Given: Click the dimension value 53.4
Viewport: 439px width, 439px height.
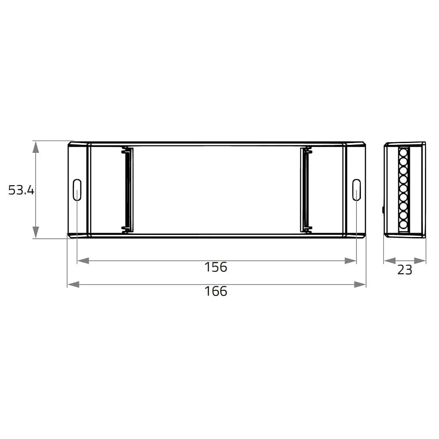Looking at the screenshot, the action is [x=21, y=190].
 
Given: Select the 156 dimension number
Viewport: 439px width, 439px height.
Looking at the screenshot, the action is [x=216, y=267].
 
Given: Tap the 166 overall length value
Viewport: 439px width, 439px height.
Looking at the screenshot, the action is [x=216, y=291].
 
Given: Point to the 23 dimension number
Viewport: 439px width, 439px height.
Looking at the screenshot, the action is [x=405, y=270].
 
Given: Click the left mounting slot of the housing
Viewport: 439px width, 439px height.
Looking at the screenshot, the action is [x=77, y=190].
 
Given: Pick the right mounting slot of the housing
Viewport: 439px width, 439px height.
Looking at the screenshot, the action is [x=356, y=190].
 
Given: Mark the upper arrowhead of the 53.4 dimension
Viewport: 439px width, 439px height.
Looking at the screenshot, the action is [x=36, y=147].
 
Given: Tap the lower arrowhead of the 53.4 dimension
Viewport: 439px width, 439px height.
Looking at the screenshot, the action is [x=36, y=232].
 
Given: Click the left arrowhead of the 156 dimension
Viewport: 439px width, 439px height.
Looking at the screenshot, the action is [x=83, y=261].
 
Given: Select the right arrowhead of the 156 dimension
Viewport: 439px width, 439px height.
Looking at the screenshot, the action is [x=350, y=261].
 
